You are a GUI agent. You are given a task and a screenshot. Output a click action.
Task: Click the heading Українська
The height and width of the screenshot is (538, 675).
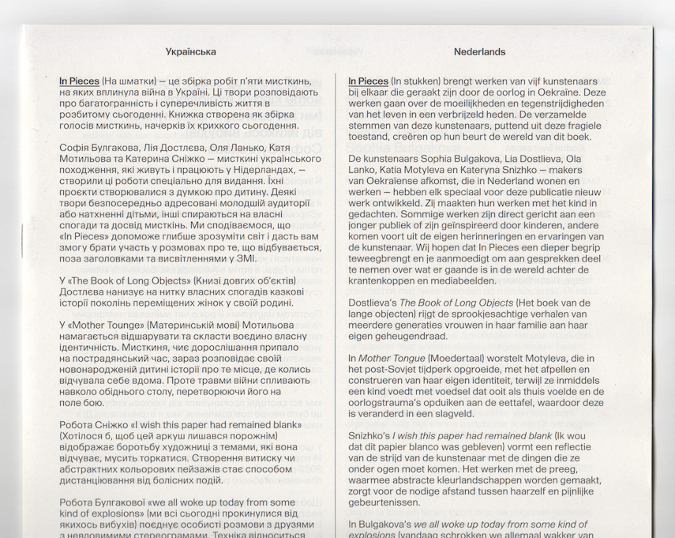pyautogui.click(x=191, y=52)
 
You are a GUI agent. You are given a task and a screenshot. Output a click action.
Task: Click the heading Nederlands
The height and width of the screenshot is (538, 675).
pyautogui.click(x=479, y=52)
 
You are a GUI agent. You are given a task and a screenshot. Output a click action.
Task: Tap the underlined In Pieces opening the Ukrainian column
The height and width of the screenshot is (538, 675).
pyautogui.click(x=79, y=81)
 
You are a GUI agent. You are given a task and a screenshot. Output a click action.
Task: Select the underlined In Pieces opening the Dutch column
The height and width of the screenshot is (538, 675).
pyautogui.click(x=369, y=81)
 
